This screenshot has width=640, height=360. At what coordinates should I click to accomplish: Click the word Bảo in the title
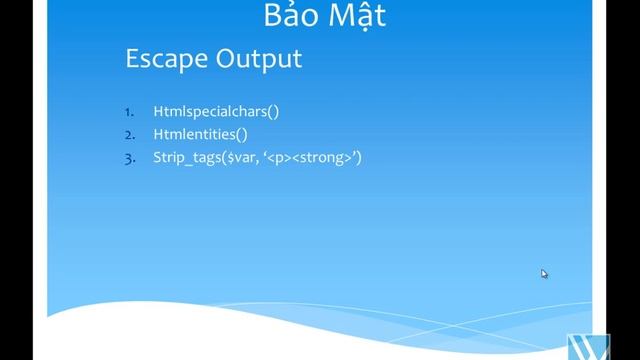(291, 17)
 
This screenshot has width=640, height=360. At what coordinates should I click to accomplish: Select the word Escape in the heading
(165, 59)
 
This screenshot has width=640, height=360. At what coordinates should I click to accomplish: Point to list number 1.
(130, 111)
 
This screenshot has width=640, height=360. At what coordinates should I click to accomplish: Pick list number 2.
(130, 134)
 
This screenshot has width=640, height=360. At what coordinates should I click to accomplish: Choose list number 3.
(130, 157)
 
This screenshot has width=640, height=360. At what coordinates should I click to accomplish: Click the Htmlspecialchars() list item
(215, 111)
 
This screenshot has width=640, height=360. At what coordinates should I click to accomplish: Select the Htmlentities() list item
(199, 134)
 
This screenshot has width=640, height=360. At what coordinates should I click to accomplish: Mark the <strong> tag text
(322, 157)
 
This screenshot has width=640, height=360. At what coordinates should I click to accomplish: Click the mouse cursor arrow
(544, 273)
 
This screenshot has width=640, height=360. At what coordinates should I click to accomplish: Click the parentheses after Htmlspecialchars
(273, 111)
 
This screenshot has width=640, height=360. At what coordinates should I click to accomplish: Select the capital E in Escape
(132, 59)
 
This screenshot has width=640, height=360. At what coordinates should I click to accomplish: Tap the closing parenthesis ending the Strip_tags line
(358, 157)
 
